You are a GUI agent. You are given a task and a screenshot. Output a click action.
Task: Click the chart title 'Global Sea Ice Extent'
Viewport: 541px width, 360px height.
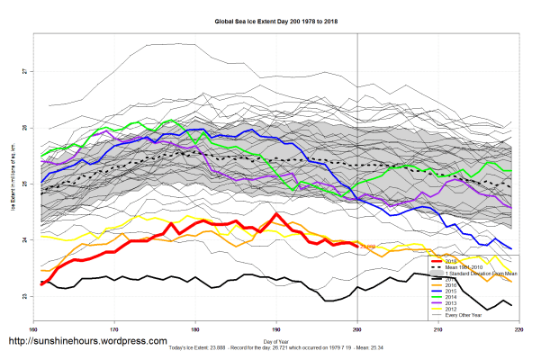coord(270,19)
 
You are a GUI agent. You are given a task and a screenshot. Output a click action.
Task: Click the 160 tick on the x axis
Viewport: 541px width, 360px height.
coord(34,329)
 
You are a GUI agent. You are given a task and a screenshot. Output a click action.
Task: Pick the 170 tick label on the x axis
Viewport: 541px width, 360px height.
coord(114,329)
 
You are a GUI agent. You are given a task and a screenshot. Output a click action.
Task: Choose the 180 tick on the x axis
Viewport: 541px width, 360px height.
coord(195,329)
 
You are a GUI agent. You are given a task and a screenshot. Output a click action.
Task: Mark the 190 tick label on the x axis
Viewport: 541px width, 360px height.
coord(276,329)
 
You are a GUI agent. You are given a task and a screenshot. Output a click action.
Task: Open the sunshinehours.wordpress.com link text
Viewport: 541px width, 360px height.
coord(87,342)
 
